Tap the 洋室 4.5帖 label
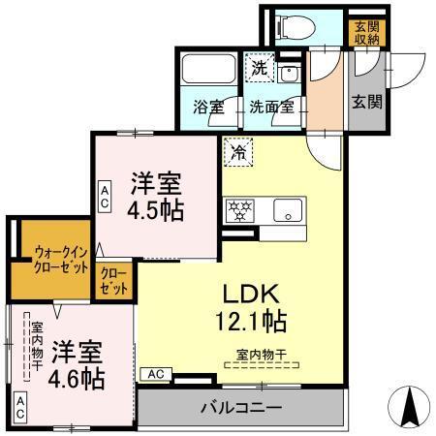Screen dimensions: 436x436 click(x=155, y=197)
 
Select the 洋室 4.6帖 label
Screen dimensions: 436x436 click(x=78, y=363)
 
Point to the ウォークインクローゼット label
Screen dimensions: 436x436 click(x=53, y=262)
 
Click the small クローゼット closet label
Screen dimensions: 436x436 click(x=113, y=282)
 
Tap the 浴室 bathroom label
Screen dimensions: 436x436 click(x=206, y=108)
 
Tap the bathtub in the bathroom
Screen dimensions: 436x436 click(x=205, y=70)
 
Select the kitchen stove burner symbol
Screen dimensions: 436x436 click(x=238, y=208)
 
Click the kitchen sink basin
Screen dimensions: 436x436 click(x=288, y=208)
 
